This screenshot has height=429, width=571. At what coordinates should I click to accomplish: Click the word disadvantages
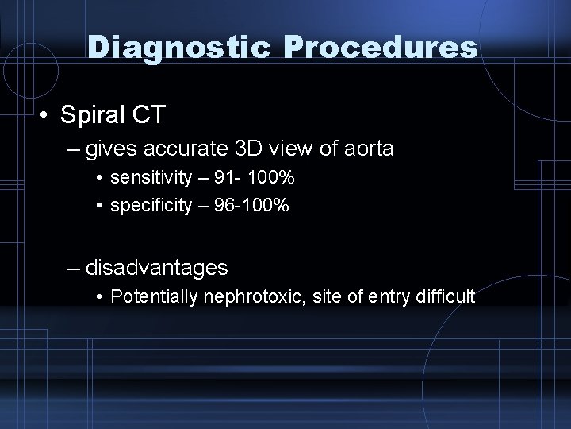point(157,268)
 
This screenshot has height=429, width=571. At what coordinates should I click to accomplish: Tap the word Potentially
point(156,297)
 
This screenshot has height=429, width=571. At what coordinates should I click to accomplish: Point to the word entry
point(383,297)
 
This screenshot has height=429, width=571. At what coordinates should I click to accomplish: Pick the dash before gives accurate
point(75,149)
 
